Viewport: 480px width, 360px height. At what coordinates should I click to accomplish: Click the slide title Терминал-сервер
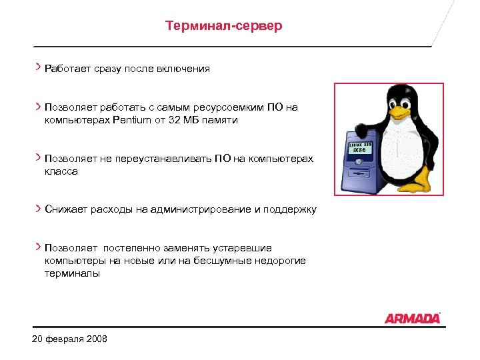point(223,26)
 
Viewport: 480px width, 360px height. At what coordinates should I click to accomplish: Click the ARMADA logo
point(412,318)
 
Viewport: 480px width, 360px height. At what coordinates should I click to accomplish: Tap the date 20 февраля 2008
point(69,339)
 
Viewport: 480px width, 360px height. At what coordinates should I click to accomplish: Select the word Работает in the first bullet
point(67,69)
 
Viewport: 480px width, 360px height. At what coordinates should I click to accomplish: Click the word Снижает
point(65,209)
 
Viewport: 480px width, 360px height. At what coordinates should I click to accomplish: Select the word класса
point(61,171)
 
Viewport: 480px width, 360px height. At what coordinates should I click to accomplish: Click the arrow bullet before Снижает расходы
point(38,209)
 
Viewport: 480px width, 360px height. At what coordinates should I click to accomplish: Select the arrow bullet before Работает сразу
point(38,67)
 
